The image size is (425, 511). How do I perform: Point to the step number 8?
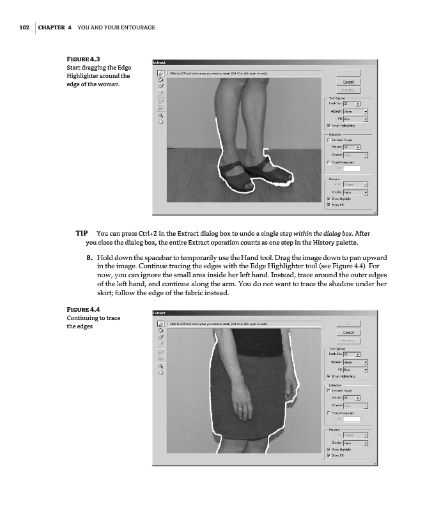[89, 257]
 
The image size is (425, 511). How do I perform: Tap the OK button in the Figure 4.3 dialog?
[348, 73]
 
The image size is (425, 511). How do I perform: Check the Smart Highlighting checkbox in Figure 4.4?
[328, 376]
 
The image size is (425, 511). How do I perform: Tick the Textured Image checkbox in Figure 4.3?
[328, 139]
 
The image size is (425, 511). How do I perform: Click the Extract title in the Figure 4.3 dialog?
[160, 62]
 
